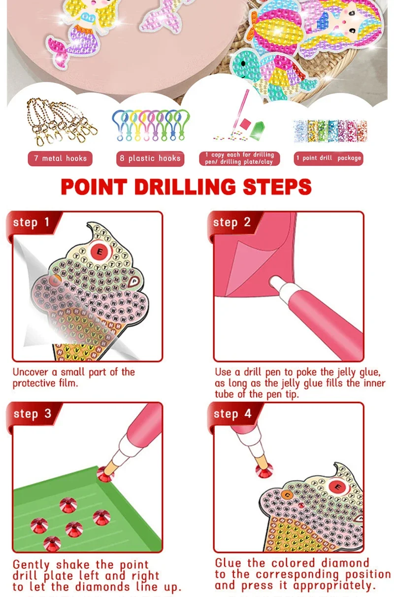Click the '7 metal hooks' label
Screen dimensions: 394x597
point(60,159)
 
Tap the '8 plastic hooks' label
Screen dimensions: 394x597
point(150,159)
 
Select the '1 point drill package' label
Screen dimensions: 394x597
point(328,158)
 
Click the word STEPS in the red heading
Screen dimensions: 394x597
point(277,187)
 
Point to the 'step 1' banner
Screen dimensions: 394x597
point(32,222)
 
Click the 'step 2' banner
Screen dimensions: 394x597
point(232,222)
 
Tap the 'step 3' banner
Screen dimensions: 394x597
point(33,414)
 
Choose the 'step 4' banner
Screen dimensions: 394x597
point(232,414)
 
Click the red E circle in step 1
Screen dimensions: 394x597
point(99,251)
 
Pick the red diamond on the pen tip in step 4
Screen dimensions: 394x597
point(264,470)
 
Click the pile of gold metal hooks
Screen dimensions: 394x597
point(62,121)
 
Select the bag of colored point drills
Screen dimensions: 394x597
point(330,131)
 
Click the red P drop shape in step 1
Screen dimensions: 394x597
point(133,281)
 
